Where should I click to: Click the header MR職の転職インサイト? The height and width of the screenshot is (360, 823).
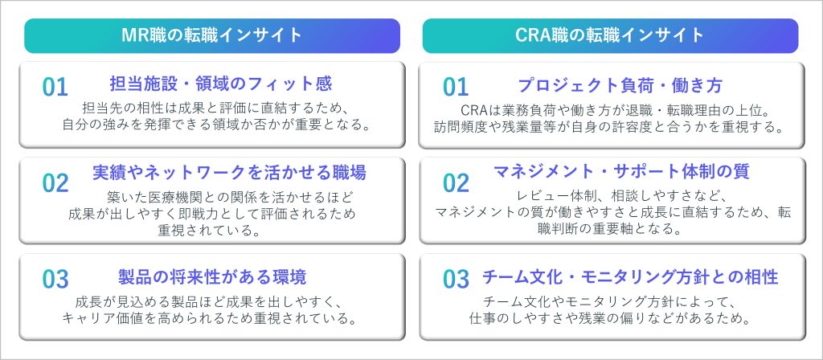(x=212, y=35)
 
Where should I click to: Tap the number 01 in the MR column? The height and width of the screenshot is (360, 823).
(x=55, y=87)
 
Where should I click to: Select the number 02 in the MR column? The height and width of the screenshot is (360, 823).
(x=55, y=182)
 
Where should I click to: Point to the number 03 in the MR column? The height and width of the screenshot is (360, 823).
(x=55, y=279)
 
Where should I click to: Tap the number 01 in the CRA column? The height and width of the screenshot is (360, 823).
(x=456, y=87)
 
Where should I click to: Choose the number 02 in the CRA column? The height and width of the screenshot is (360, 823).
(x=456, y=182)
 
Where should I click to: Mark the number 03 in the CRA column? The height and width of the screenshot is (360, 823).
(x=456, y=279)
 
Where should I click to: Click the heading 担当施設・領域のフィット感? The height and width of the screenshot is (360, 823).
(x=221, y=84)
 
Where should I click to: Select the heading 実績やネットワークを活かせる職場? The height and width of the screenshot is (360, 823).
(x=229, y=172)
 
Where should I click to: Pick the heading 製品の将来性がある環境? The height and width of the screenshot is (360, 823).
(x=212, y=276)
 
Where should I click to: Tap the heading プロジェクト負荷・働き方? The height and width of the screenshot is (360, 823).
(x=620, y=85)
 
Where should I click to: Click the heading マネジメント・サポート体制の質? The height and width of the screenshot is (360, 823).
(x=621, y=171)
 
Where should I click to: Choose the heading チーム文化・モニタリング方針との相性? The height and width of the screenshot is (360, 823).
(x=630, y=276)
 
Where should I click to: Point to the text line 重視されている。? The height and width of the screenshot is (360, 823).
(x=210, y=231)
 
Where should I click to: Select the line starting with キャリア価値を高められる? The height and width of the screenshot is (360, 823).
(x=210, y=318)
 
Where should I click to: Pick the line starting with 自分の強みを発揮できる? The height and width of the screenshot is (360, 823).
(x=212, y=125)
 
